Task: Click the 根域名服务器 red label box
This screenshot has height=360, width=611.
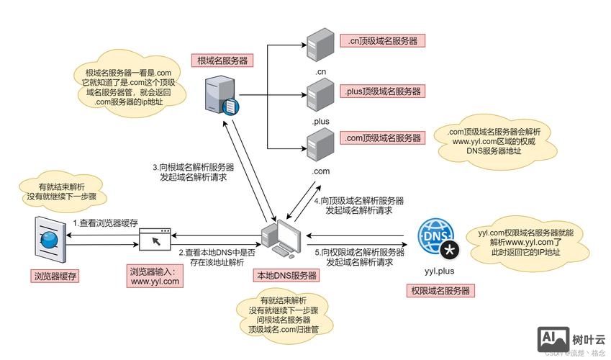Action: click(222, 60)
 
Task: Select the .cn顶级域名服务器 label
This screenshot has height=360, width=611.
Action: click(383, 41)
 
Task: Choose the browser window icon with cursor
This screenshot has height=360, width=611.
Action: click(155, 240)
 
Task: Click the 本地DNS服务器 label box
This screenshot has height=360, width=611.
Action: click(286, 276)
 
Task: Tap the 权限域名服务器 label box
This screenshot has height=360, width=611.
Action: click(440, 291)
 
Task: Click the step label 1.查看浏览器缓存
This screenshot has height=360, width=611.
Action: click(105, 224)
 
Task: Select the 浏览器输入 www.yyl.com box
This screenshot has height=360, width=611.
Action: click(155, 276)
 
